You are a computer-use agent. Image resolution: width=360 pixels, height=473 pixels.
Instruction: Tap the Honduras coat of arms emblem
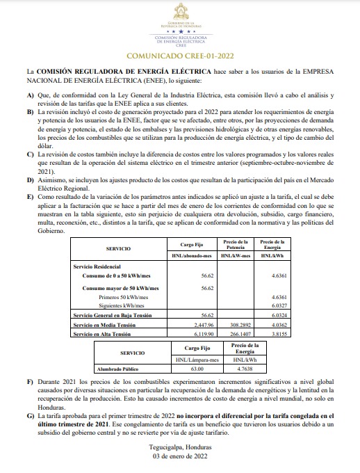[181, 12]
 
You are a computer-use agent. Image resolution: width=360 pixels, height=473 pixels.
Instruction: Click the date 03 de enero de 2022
[179, 456]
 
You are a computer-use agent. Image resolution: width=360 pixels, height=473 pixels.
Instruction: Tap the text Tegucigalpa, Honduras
[179, 447]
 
